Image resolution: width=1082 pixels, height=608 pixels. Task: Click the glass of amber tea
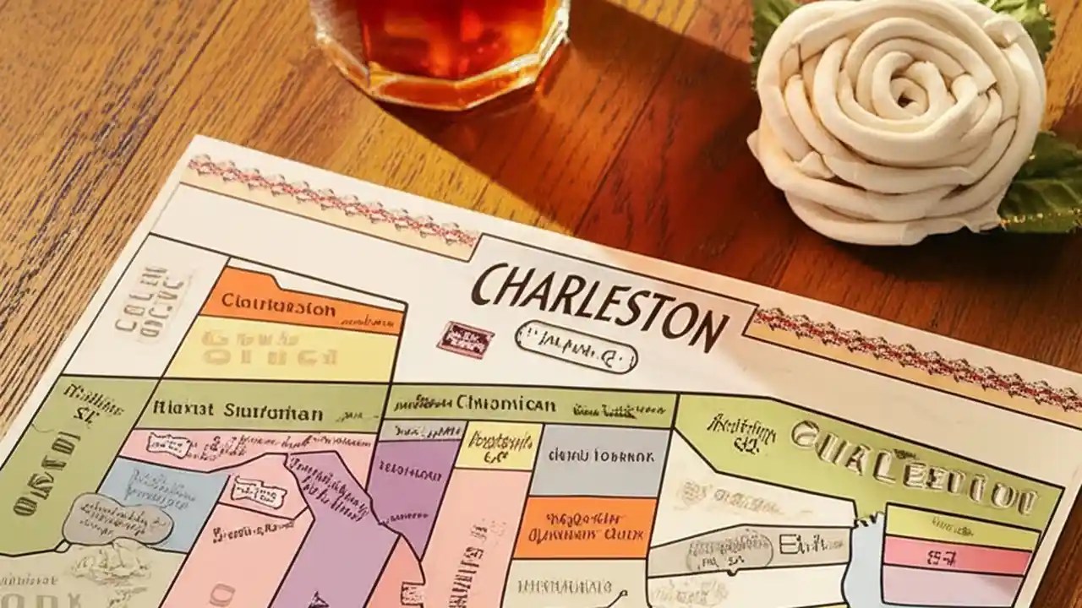440,42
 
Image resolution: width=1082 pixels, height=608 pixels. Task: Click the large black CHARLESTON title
599,304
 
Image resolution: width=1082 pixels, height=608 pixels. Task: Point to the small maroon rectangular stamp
465,339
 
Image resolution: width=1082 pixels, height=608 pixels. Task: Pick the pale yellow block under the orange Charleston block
279,350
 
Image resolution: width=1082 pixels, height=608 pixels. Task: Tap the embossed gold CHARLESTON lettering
913,469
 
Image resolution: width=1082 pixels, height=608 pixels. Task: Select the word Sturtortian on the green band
274,413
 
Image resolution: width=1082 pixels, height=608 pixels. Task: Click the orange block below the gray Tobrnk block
585,527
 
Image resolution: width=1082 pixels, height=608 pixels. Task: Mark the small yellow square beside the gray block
499,445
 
